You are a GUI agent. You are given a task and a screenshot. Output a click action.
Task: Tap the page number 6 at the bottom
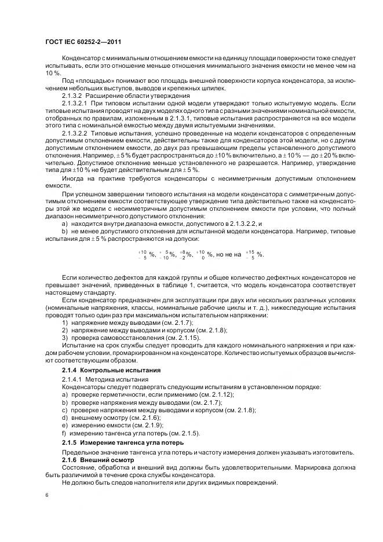click(x=47, y=495)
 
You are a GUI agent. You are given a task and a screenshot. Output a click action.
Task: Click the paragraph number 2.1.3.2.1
click(x=77, y=102)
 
